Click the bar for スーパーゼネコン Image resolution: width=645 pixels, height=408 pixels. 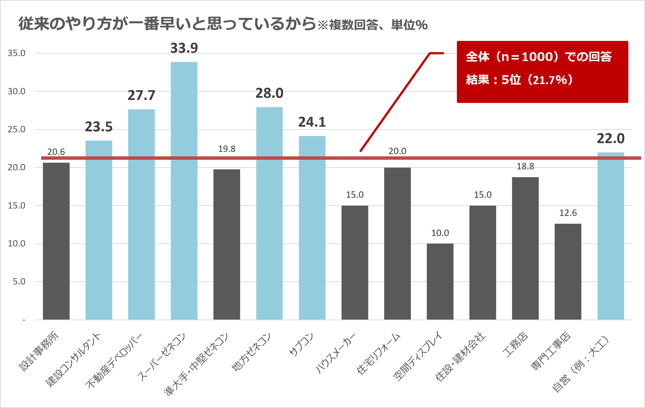(184, 190)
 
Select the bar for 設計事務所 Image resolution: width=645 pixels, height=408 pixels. (56, 241)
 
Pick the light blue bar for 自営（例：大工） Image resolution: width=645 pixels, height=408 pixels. (610, 236)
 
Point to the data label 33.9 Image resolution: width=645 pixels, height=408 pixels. (184, 48)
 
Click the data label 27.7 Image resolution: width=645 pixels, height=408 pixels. (141, 95)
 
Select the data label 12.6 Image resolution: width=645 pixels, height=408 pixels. (568, 213)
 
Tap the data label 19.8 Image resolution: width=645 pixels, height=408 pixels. (227, 149)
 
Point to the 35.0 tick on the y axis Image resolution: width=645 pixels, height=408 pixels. (17, 53)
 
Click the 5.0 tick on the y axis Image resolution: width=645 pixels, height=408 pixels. (19, 282)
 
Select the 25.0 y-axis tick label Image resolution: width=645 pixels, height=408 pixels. (17, 129)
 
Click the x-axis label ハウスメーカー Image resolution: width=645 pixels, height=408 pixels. (335, 354)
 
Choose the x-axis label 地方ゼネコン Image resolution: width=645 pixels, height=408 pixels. (251, 352)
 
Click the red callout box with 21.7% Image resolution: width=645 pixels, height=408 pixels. (542, 72)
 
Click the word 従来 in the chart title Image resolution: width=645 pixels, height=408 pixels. (34, 24)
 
